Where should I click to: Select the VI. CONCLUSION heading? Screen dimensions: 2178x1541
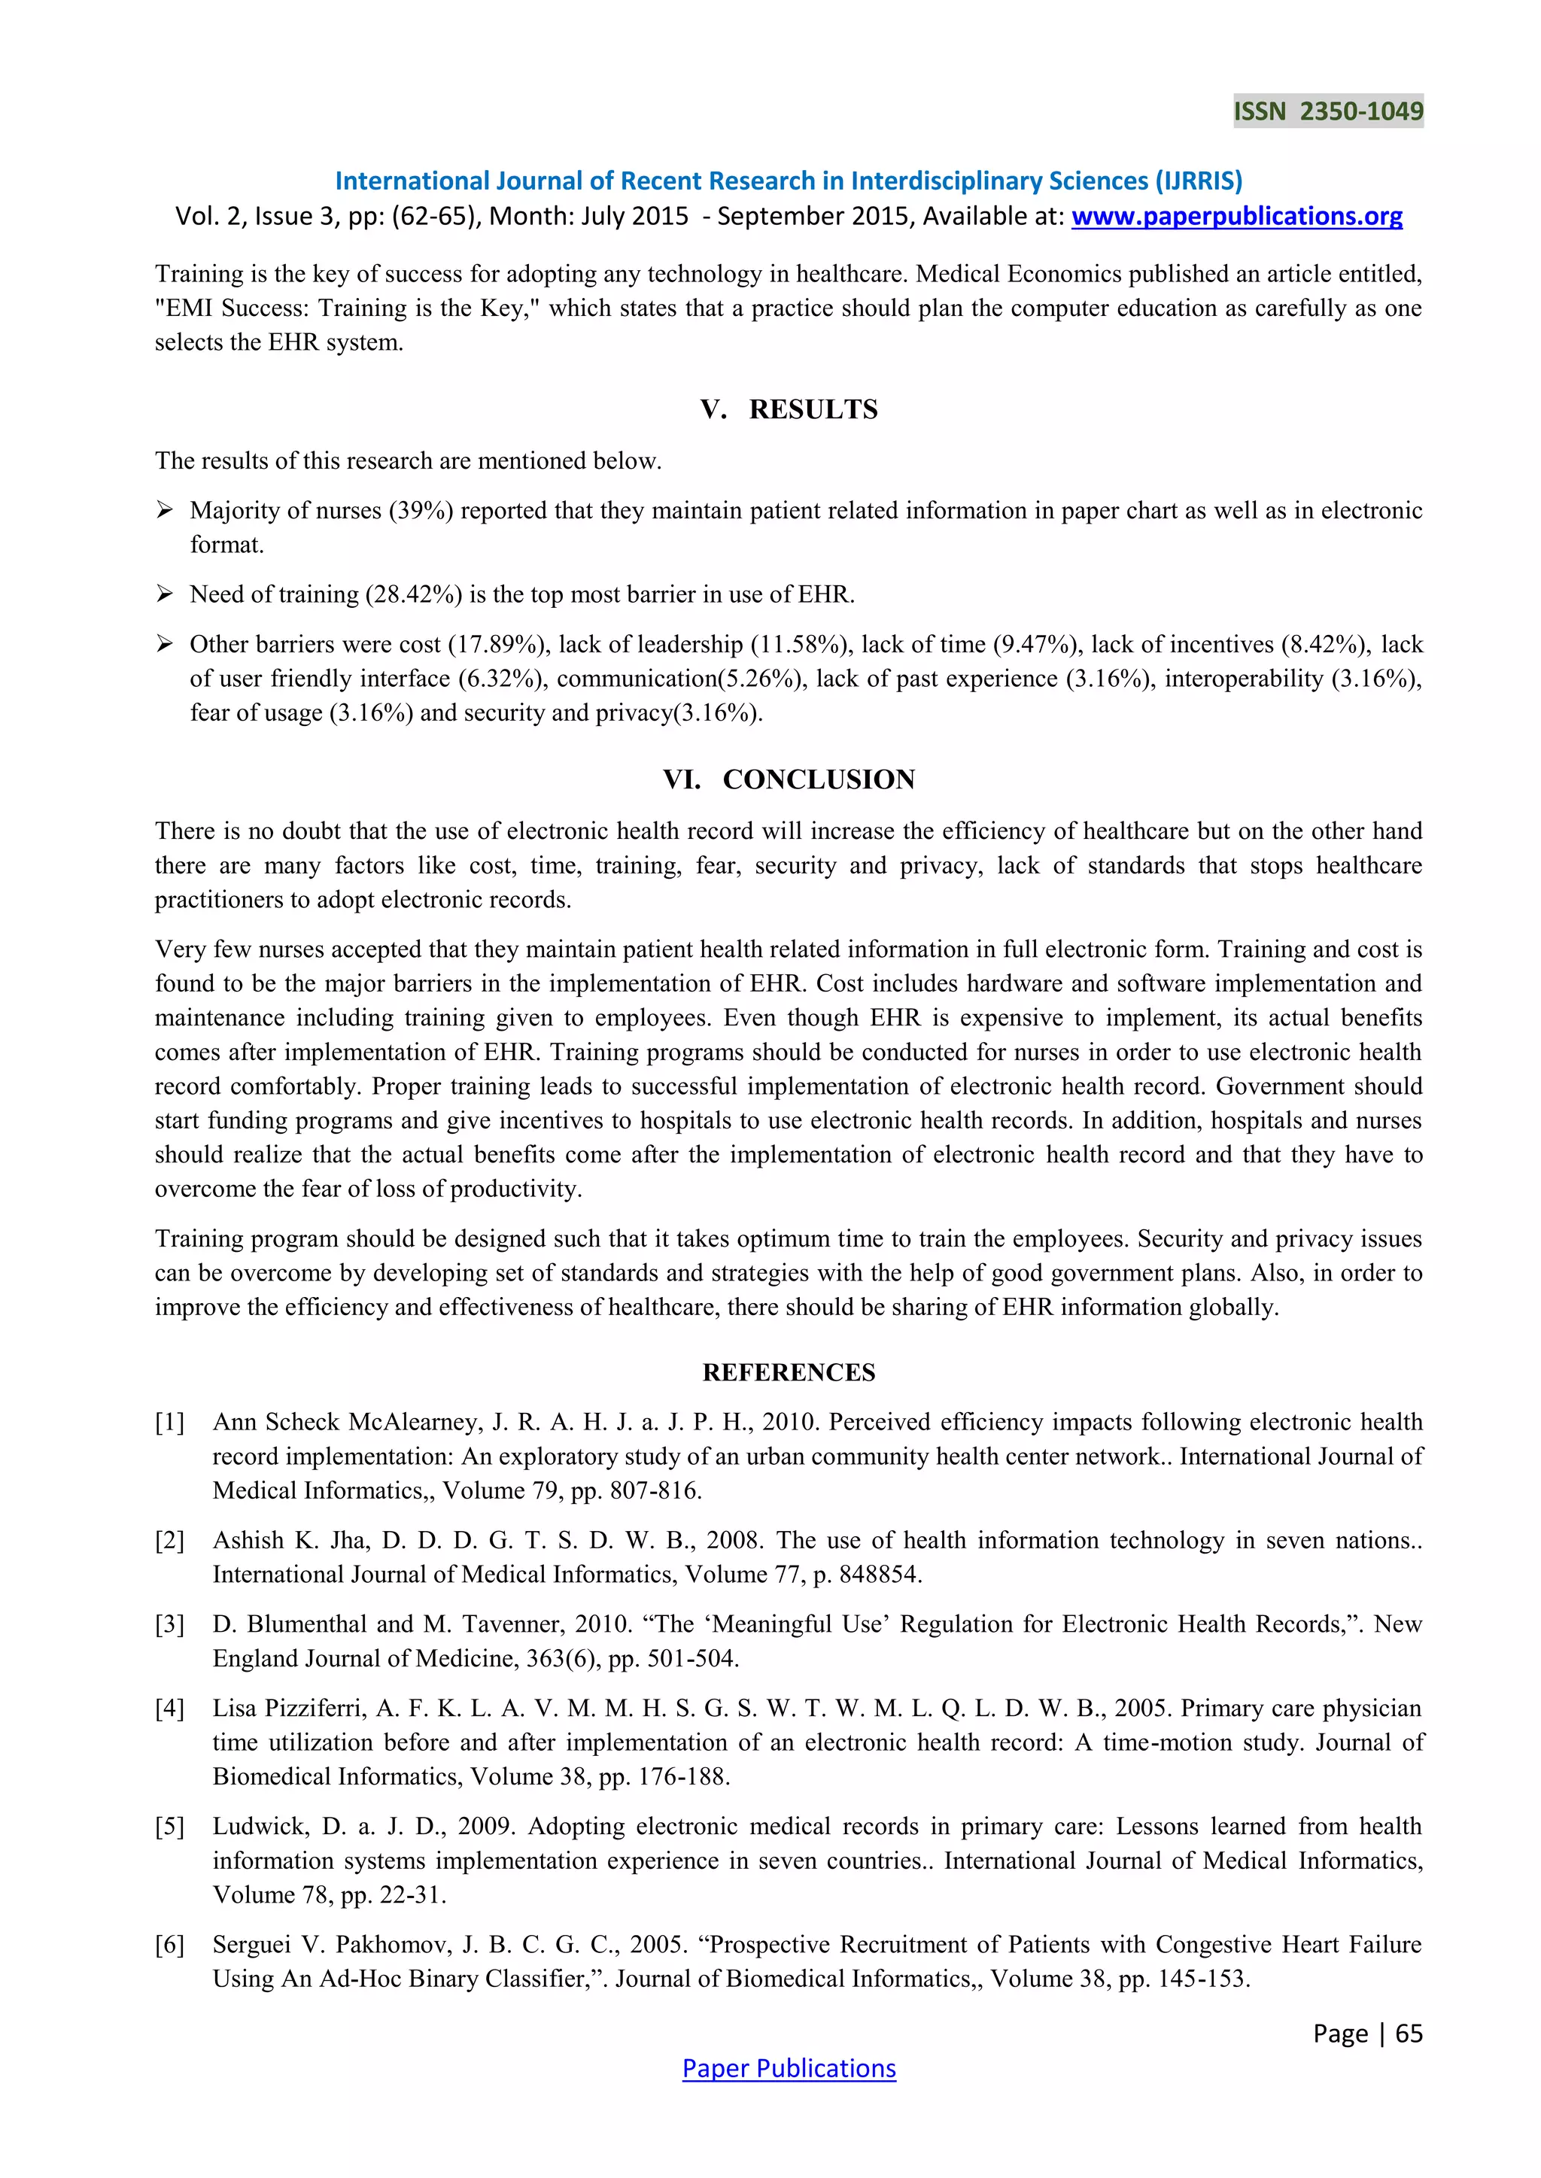pyautogui.click(x=789, y=779)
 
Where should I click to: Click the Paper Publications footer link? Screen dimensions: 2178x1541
pyautogui.click(x=789, y=2068)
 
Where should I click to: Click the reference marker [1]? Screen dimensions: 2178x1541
pyautogui.click(x=170, y=1422)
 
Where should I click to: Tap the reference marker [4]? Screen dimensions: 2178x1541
pyautogui.click(x=170, y=1709)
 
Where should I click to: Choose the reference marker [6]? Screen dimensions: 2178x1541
pyautogui.click(x=170, y=1945)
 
